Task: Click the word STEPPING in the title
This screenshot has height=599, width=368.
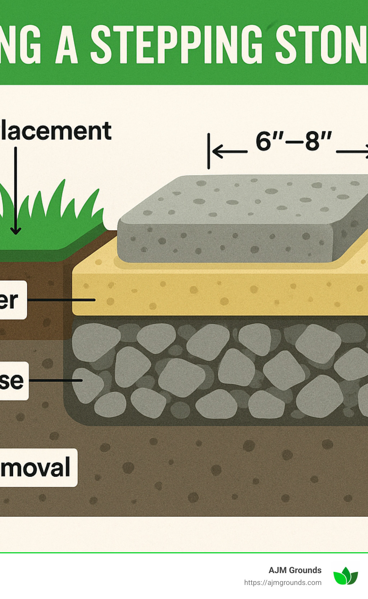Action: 176,45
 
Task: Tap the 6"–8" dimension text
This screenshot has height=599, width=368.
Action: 293,141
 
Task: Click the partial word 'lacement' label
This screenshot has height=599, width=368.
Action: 56,131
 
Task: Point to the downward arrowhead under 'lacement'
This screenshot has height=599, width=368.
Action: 15,230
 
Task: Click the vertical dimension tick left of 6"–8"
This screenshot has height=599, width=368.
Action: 208,151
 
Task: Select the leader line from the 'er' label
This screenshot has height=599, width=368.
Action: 61,299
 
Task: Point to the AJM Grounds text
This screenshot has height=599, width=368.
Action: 295,570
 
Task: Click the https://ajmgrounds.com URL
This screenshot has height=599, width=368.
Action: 282,582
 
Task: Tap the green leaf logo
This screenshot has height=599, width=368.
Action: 345,576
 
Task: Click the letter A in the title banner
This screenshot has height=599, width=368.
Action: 67,45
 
